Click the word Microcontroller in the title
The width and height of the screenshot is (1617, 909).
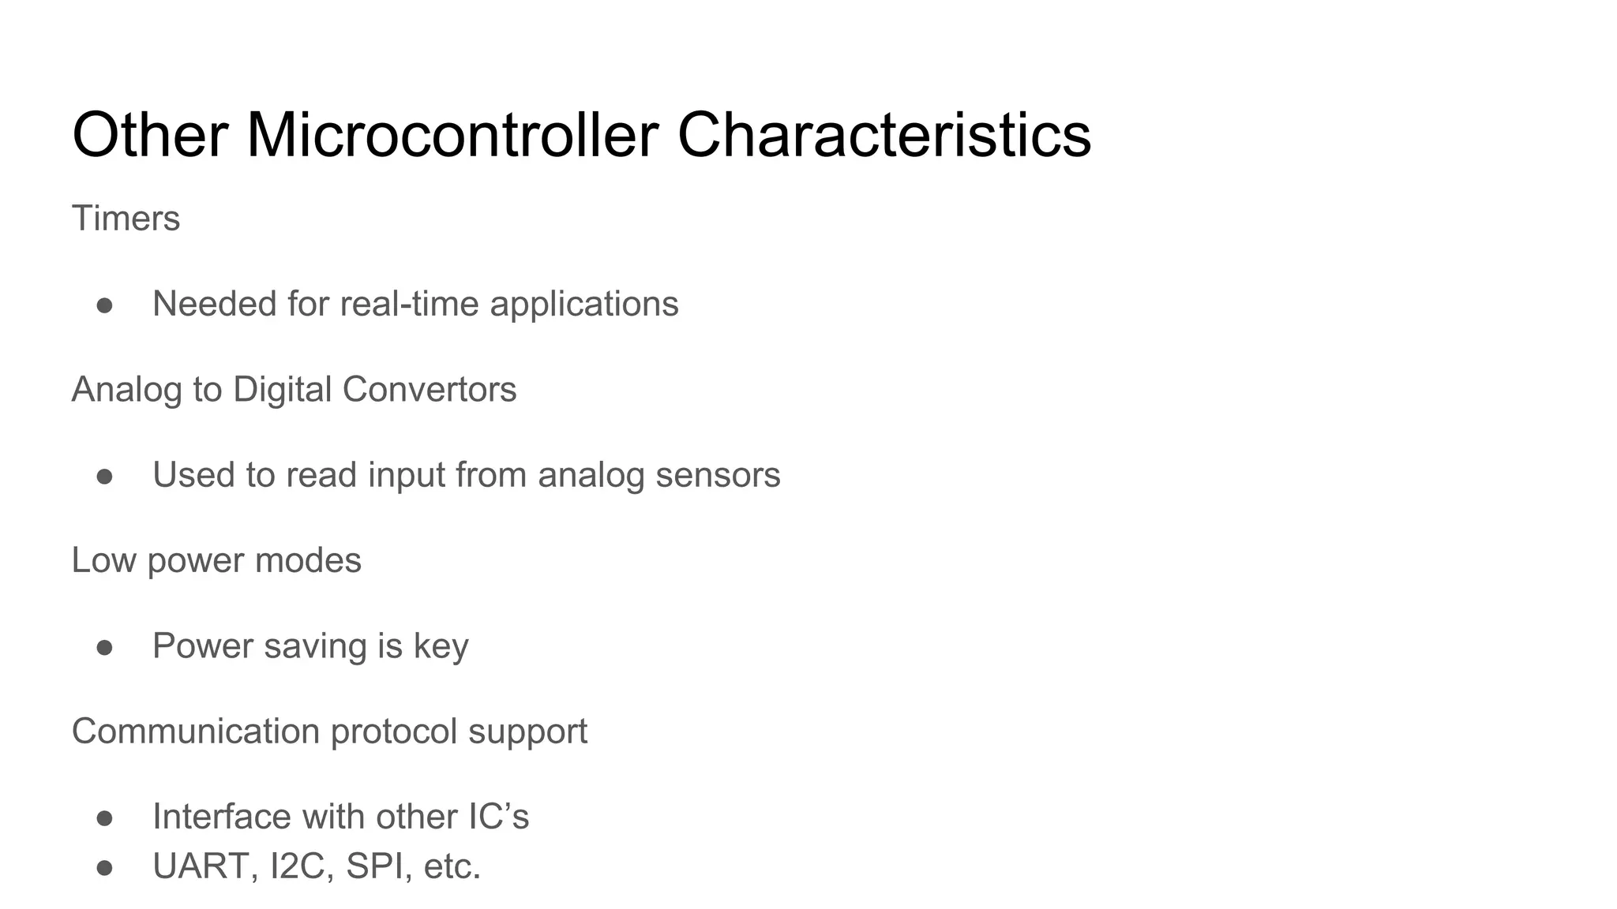tap(452, 136)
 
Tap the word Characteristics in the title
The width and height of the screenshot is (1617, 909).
tap(884, 136)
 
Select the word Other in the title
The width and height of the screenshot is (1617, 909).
tap(150, 136)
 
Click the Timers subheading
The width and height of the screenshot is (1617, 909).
tap(126, 219)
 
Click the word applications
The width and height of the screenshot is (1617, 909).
tap(583, 305)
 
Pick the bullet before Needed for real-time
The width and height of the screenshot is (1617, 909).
tap(104, 305)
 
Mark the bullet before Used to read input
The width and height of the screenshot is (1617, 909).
tap(104, 477)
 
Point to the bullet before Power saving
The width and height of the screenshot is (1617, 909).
tap(104, 648)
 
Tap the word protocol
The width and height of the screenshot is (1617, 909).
tap(394, 732)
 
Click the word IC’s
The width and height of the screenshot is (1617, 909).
tap(498, 817)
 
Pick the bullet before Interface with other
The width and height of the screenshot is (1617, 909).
tap(104, 818)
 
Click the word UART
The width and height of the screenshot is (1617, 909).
tap(204, 866)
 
